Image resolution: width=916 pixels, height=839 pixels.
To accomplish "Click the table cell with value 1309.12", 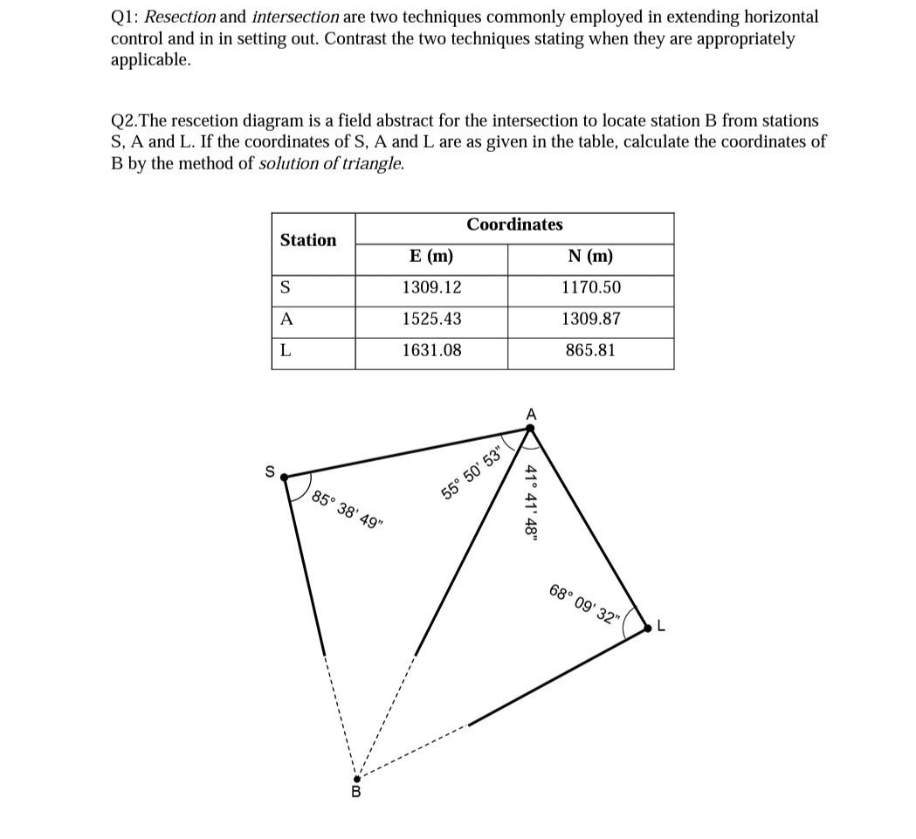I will pyautogui.click(x=431, y=288).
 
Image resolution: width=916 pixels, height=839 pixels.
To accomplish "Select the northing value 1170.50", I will pyautogui.click(x=591, y=288).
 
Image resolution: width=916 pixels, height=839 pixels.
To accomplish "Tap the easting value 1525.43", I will pyautogui.click(x=431, y=320).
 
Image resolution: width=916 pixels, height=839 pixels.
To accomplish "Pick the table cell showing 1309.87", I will pyautogui.click(x=591, y=320).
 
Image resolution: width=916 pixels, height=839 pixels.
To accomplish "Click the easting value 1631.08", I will pyautogui.click(x=431, y=351).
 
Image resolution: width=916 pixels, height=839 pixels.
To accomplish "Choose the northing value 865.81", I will pyautogui.click(x=591, y=351).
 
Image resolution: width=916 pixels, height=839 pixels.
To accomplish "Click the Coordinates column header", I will pyautogui.click(x=514, y=225).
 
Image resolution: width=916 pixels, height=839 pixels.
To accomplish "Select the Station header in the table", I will pyautogui.click(x=308, y=240).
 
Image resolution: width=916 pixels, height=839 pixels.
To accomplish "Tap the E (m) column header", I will pyautogui.click(x=431, y=257).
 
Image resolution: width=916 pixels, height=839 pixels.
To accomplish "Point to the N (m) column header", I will pyautogui.click(x=591, y=257).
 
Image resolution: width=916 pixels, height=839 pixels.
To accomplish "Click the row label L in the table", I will pyautogui.click(x=285, y=351).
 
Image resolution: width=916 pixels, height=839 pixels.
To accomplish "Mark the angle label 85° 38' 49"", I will pyautogui.click(x=347, y=512).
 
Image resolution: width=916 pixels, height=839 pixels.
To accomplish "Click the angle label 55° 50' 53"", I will pyautogui.click(x=472, y=474).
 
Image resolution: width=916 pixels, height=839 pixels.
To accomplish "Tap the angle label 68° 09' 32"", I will pyautogui.click(x=584, y=602).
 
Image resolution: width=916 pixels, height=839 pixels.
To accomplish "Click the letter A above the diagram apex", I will pyautogui.click(x=530, y=413).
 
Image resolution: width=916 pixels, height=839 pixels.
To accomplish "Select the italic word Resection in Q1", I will pyautogui.click(x=180, y=17).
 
